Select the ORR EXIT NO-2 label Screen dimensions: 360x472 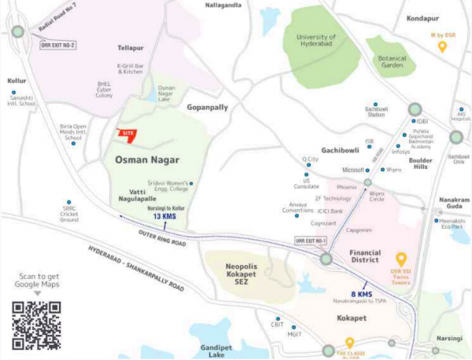click(58, 45)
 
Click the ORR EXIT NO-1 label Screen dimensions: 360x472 click(309, 241)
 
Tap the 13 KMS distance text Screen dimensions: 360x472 click(164, 215)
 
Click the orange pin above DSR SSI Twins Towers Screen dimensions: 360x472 click(400, 259)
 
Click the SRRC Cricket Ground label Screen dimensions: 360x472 click(70, 215)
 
